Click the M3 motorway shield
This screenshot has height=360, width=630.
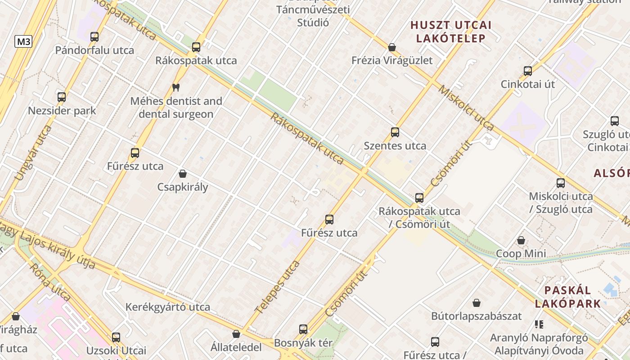point(23,42)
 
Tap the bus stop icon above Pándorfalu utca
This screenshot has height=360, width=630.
point(94,37)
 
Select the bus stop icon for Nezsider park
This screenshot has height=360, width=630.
point(62,97)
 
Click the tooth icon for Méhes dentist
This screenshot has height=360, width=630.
point(176,88)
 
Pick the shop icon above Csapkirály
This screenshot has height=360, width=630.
point(183,174)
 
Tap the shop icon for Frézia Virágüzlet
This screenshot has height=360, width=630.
point(392,47)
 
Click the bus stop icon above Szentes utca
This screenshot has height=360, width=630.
point(395,132)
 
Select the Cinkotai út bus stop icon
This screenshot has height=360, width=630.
point(528,71)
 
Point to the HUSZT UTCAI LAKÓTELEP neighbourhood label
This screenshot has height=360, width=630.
point(451,31)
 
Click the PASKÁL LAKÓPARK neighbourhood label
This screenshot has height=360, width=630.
point(568,297)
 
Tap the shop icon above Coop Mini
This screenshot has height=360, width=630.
point(521,240)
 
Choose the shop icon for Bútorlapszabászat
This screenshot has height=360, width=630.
point(477,303)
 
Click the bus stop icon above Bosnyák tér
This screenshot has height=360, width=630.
point(303,329)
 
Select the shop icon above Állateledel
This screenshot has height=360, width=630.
point(236,334)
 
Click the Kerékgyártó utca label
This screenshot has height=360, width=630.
point(167,307)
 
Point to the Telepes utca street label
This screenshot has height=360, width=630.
point(277,287)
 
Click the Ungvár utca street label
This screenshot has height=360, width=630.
point(34,153)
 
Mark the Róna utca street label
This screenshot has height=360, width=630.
point(50,282)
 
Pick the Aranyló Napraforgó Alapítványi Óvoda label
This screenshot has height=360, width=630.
point(539,344)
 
